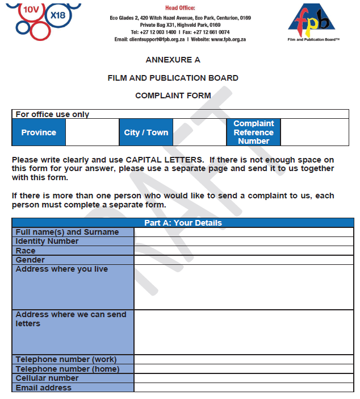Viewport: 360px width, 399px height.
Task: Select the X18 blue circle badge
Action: coord(58,15)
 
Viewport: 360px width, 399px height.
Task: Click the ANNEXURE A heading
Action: coord(173,60)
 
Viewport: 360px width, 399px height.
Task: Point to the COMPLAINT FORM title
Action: coord(173,95)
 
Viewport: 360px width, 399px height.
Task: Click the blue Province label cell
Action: coord(39,132)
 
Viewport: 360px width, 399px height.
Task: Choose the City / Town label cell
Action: coord(146,132)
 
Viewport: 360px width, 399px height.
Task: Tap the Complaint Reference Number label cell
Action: coord(253,132)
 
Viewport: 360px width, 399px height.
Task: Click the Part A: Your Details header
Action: coord(183,223)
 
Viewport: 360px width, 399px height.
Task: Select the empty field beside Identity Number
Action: coord(244,242)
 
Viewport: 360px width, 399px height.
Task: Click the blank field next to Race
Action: coord(244,251)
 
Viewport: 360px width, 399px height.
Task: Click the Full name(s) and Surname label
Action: coord(67,232)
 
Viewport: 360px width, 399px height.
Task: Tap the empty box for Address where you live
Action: coord(244,287)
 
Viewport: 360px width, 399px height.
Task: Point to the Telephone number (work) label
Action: coord(66,359)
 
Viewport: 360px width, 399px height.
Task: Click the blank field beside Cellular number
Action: coord(244,378)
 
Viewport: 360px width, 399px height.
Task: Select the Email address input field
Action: coord(244,388)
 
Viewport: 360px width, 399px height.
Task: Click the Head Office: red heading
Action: coord(180,8)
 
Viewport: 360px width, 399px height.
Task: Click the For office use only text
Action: coord(52,114)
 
